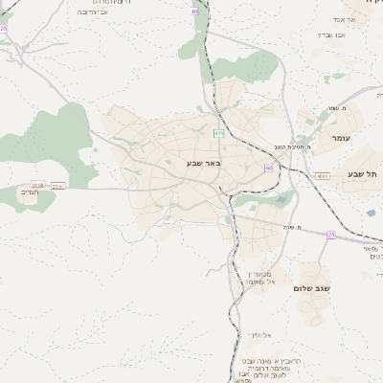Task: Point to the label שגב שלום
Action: click(312, 287)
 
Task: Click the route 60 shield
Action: click(269, 168)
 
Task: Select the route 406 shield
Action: click(219, 133)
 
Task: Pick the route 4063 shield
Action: click(323, 176)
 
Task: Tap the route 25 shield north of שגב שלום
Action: click(331, 235)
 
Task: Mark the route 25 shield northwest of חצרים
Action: click(5, 29)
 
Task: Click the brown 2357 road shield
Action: click(38, 184)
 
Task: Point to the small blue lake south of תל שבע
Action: click(371, 214)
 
